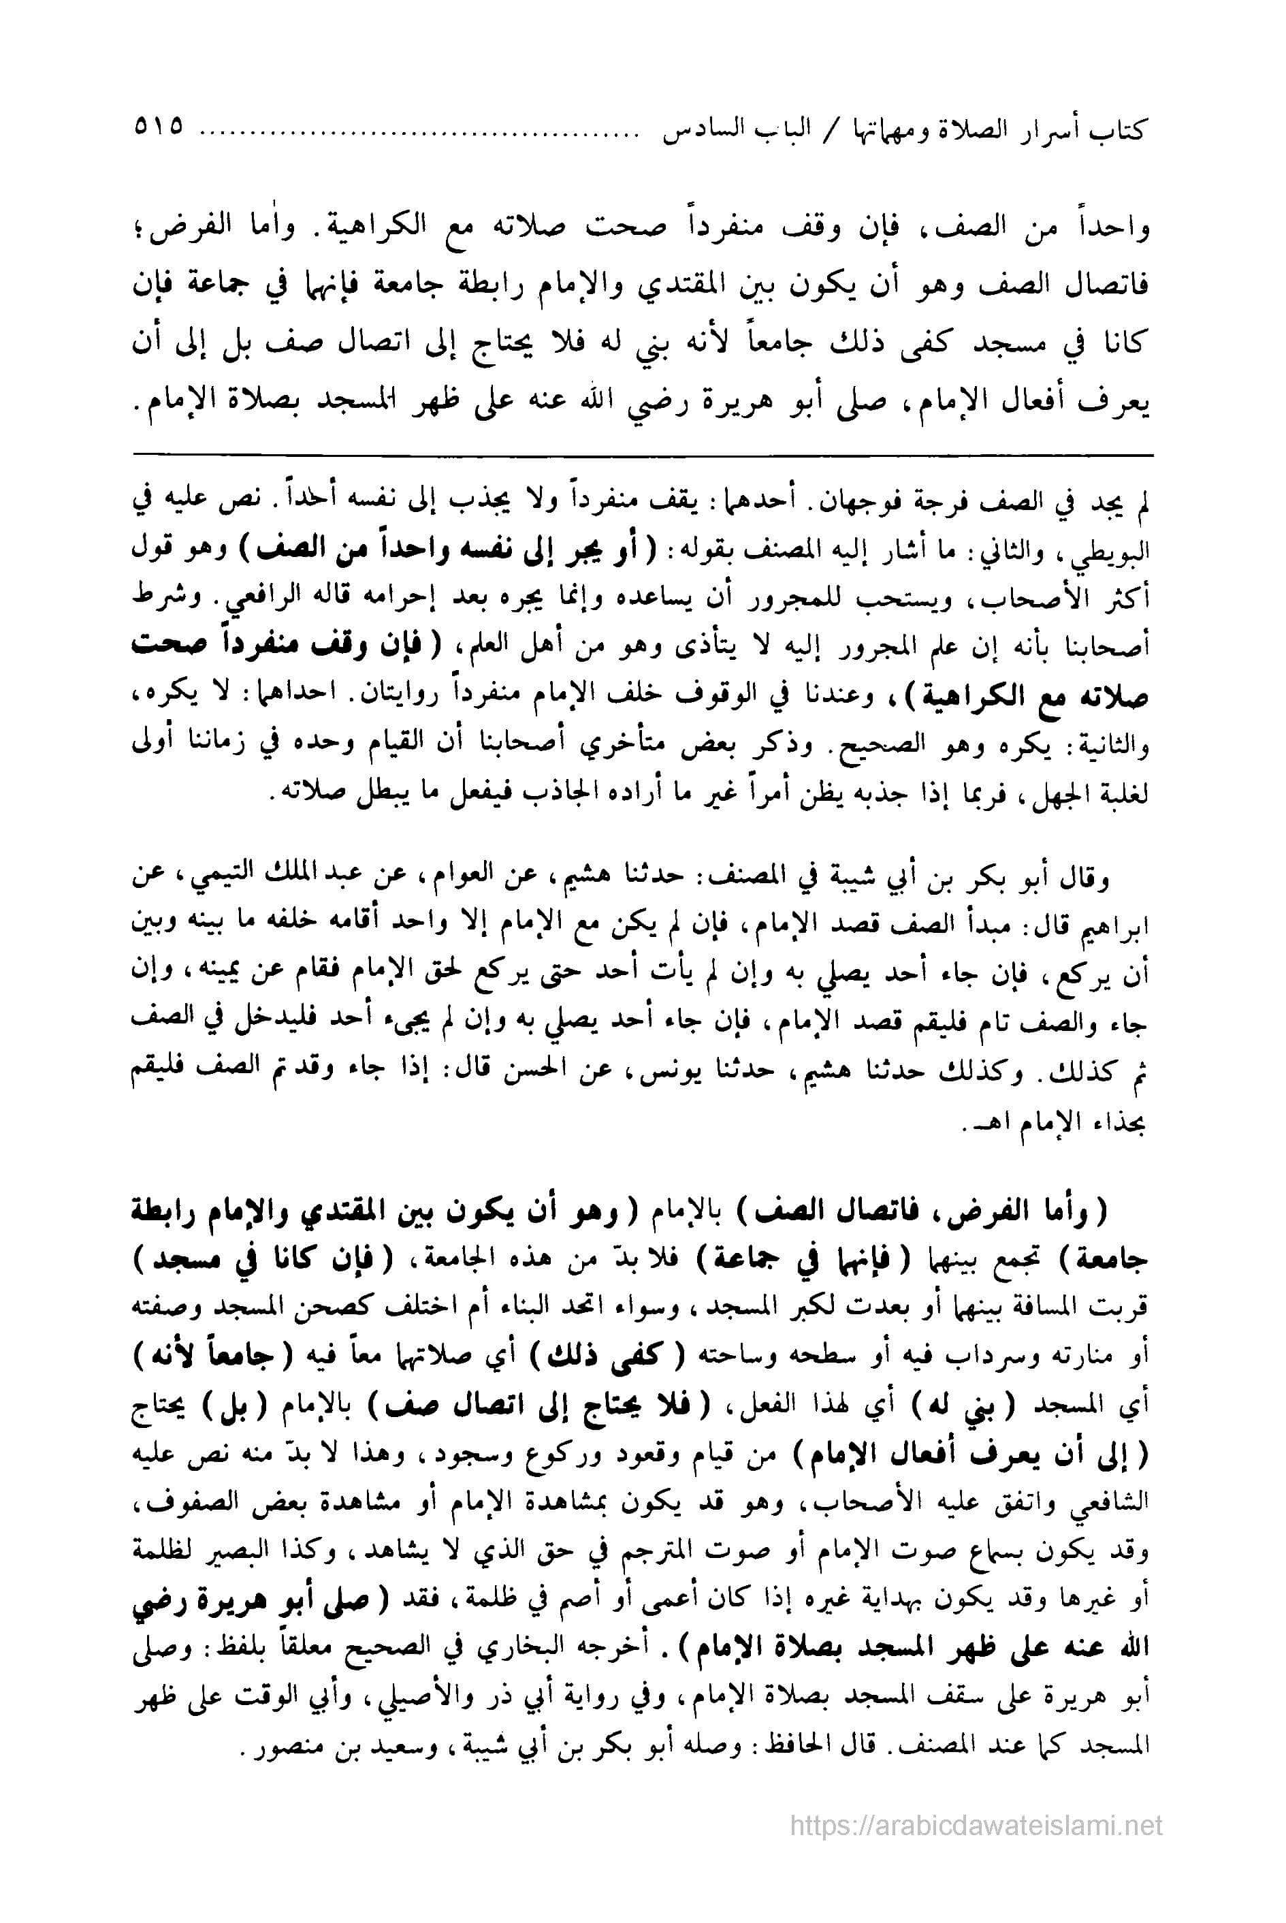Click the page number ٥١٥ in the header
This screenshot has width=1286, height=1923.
[x=157, y=129]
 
